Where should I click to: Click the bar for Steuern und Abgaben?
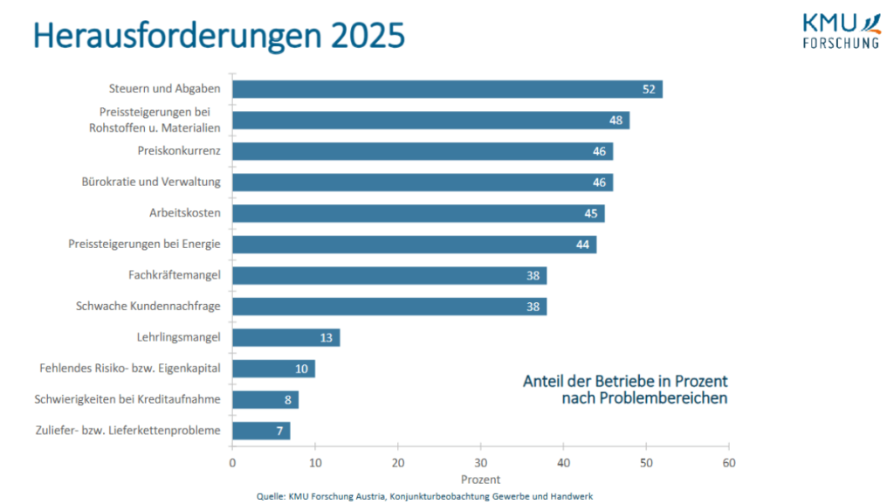click(447, 89)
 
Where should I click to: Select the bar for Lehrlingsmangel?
click(286, 337)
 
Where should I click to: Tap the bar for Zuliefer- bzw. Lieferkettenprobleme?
click(261, 431)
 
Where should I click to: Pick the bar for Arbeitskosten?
click(418, 213)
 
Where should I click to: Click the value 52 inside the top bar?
click(649, 89)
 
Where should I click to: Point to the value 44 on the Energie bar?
click(583, 245)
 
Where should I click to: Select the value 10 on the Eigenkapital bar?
click(301, 369)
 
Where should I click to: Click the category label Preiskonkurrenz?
click(179, 151)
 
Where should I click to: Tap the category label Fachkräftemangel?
click(174, 275)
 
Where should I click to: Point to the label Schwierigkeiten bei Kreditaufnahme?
click(127, 399)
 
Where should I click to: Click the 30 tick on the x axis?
click(481, 462)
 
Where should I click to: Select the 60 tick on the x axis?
click(729, 462)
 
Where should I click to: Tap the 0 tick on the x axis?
click(232, 462)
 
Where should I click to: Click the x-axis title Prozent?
click(480, 480)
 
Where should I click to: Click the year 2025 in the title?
click(368, 36)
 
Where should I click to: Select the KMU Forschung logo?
click(840, 31)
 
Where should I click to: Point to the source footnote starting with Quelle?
click(424, 496)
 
